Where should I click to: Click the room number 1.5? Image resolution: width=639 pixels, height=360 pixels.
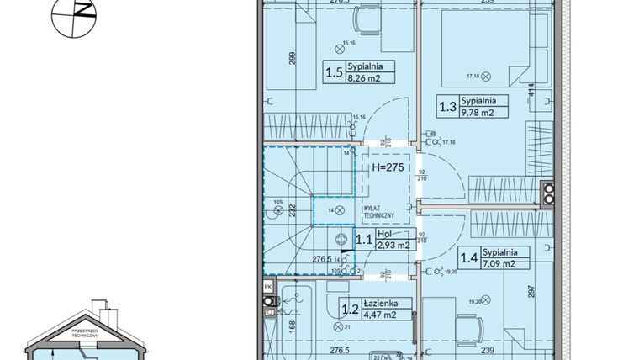[x=334, y=72]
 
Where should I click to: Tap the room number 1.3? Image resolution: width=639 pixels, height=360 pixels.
[x=446, y=107]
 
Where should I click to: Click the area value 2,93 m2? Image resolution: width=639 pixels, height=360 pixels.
[x=392, y=246]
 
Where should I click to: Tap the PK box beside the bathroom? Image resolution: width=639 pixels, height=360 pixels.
[x=267, y=287]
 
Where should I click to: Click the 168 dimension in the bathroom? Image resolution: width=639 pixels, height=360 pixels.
[x=270, y=326]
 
